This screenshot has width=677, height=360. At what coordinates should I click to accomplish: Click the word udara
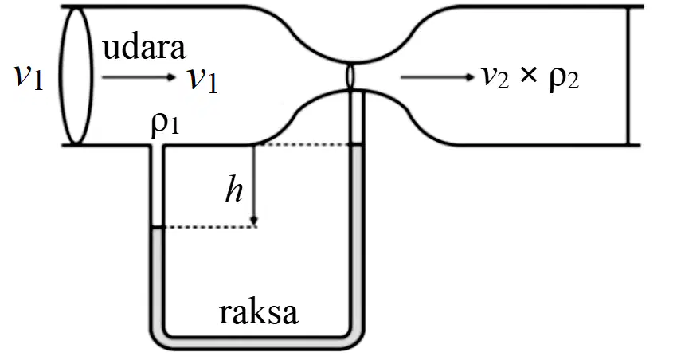click(144, 48)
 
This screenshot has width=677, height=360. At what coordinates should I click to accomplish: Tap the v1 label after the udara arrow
click(202, 80)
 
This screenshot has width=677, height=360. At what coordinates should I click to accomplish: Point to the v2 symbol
click(495, 78)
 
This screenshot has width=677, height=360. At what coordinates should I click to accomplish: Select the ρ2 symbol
click(564, 80)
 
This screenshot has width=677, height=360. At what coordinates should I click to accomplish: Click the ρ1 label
click(165, 125)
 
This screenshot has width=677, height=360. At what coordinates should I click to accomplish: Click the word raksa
click(258, 313)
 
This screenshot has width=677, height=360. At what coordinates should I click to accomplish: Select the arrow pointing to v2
click(438, 77)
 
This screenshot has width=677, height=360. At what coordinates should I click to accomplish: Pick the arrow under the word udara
click(139, 77)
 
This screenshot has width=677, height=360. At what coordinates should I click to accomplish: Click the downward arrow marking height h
click(254, 185)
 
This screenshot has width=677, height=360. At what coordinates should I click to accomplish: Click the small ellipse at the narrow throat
click(350, 76)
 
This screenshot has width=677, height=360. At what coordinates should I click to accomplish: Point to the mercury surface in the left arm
click(157, 227)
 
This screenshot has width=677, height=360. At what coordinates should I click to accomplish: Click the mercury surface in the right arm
click(357, 144)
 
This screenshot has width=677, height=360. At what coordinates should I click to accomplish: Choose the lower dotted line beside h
click(209, 227)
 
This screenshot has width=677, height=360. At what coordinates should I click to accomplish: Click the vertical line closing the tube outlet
click(628, 76)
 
